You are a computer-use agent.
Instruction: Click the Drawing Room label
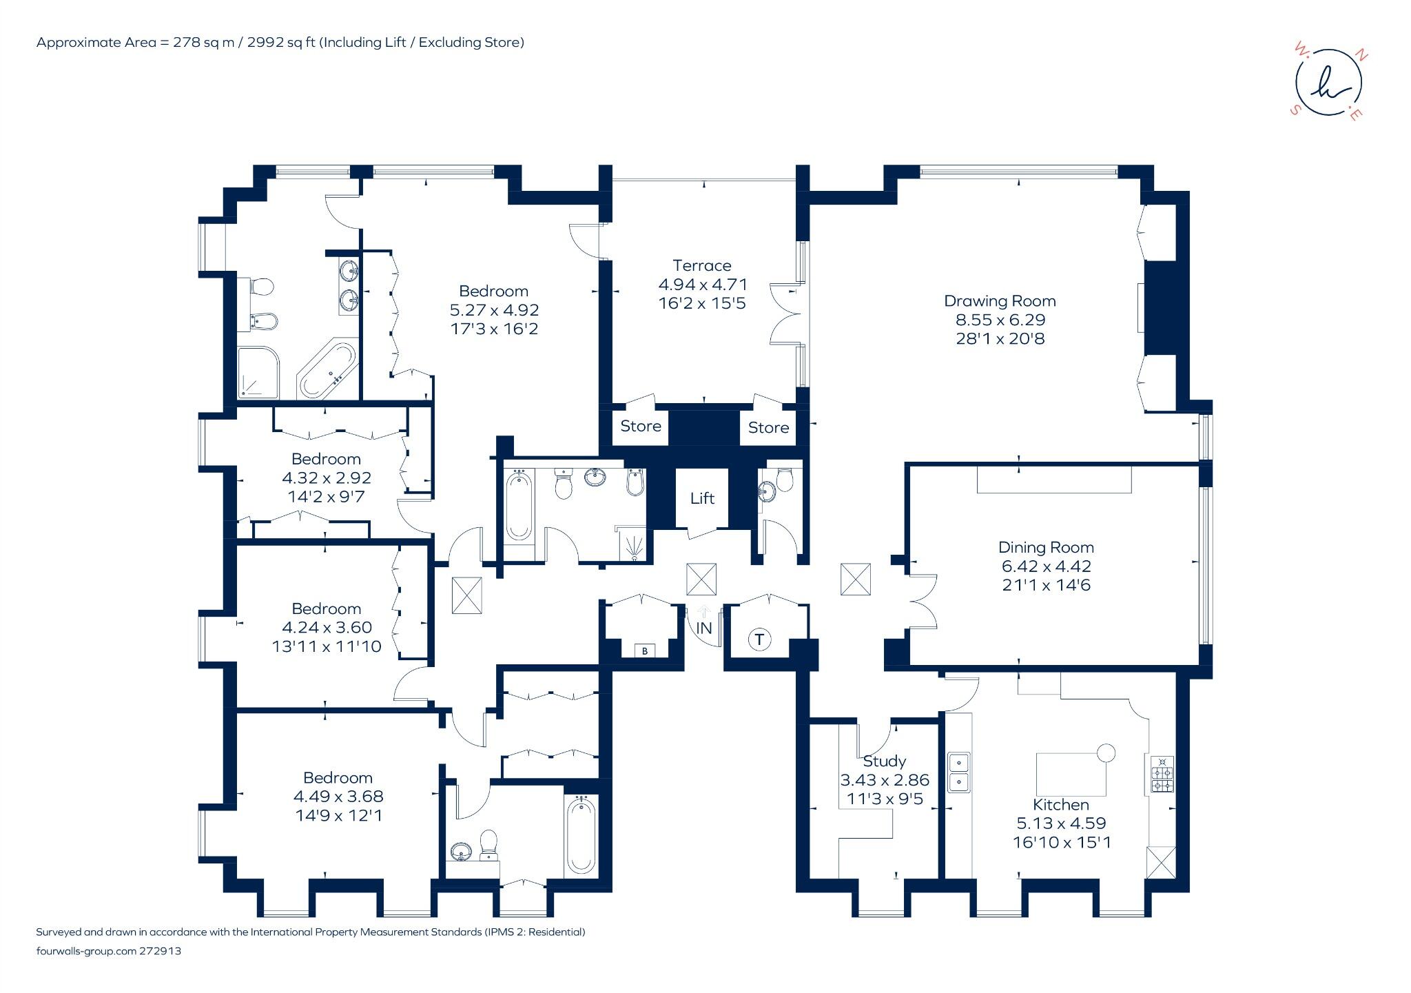point(1000,301)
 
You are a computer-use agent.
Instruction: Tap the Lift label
point(702,498)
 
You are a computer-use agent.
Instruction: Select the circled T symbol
point(759,639)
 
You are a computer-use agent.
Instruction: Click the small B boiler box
point(645,651)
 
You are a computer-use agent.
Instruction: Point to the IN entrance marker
point(703,628)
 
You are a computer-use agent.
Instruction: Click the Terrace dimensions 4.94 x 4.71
point(703,285)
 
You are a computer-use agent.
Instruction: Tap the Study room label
point(884,761)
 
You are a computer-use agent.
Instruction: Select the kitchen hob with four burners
point(1162,774)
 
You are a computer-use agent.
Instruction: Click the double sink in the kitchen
point(958,772)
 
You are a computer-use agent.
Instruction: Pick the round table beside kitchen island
point(1106,753)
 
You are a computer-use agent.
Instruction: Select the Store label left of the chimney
point(641,426)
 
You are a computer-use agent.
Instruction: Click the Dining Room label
point(1046,548)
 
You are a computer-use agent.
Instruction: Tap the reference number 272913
point(160,951)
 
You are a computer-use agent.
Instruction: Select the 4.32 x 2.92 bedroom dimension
point(327,478)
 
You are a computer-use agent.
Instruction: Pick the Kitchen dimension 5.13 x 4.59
point(1061,823)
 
